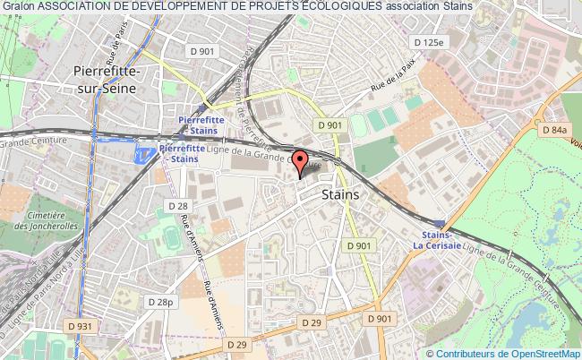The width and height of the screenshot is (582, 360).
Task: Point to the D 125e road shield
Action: click(429, 42)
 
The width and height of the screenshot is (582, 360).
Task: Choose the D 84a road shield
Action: click(555, 130)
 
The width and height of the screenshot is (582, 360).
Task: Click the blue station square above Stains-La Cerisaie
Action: click(438, 223)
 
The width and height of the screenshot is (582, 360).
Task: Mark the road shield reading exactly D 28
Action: click(177, 207)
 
